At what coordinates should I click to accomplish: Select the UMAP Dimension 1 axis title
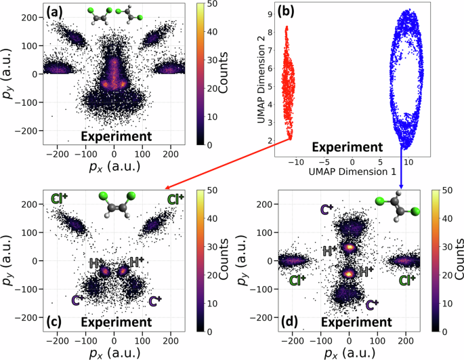tap(353, 174)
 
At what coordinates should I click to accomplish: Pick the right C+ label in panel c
tap(154, 300)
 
